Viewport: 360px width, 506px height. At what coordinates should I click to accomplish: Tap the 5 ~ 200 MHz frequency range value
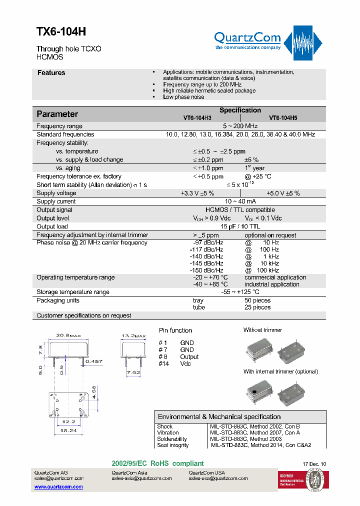[x=240, y=126]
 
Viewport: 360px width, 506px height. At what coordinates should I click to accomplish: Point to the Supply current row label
[x=56, y=201]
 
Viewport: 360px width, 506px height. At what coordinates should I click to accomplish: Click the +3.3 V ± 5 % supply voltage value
[x=197, y=193]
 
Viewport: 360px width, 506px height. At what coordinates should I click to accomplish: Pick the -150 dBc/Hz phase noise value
[x=206, y=270]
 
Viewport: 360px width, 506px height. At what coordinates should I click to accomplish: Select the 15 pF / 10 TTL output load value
[x=240, y=226]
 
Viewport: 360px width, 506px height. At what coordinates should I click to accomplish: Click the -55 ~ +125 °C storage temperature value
[x=240, y=292]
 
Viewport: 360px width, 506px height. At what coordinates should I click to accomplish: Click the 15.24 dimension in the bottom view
[x=68, y=430]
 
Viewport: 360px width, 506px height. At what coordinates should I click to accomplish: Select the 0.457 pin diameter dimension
[x=94, y=361]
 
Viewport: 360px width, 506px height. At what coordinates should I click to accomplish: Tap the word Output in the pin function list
[x=189, y=356]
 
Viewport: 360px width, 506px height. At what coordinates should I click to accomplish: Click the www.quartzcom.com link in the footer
[x=58, y=486]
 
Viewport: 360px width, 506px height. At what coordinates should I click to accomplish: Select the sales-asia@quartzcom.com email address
[x=141, y=478]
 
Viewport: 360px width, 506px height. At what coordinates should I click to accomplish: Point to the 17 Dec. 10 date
[x=314, y=464]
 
